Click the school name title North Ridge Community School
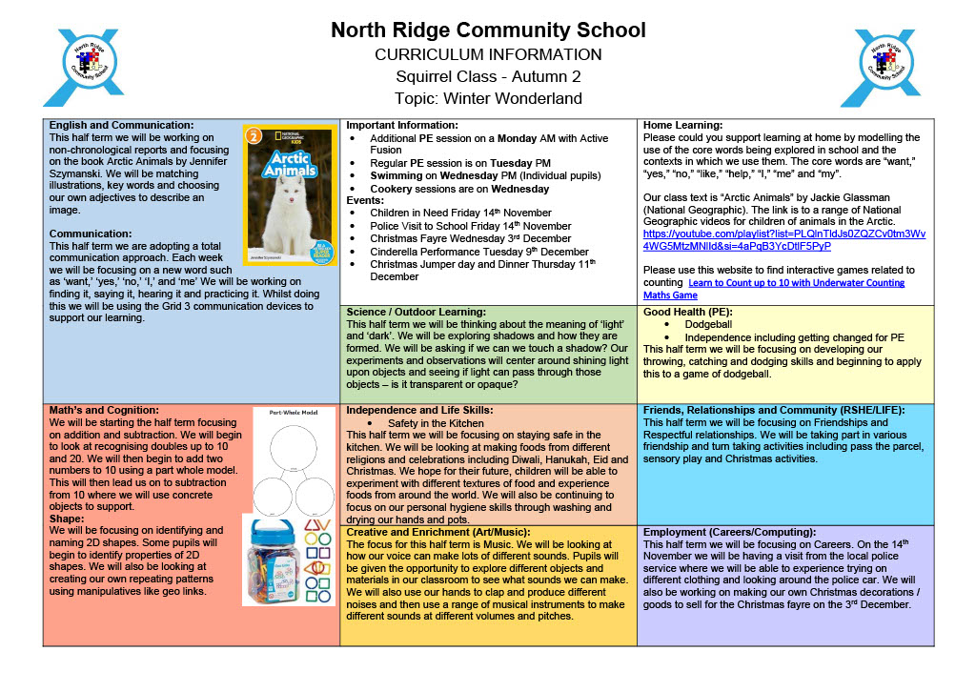488,31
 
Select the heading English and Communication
122,125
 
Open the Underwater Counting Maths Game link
774,289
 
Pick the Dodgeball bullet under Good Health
708,324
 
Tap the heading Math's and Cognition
104,410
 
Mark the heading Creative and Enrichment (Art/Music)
437,532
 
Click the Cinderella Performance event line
466,252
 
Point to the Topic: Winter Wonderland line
488,98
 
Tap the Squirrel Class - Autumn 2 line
488,76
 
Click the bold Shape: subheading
67,518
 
